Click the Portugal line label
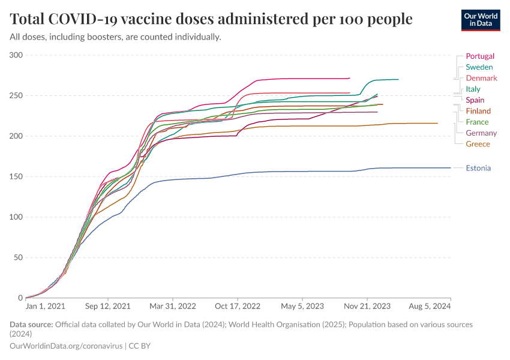pos(479,56)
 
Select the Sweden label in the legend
pos(479,67)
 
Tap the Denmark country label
pos(481,78)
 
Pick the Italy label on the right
pos(473,89)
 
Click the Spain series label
pos(475,100)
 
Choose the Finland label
pos(478,111)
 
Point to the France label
pos(477,122)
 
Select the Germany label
pos(481,133)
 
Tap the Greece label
pos(478,144)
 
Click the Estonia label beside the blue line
pos(478,167)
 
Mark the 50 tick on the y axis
pos(18,257)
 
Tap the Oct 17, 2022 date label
pos(238,306)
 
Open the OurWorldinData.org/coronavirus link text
pos(65,346)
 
